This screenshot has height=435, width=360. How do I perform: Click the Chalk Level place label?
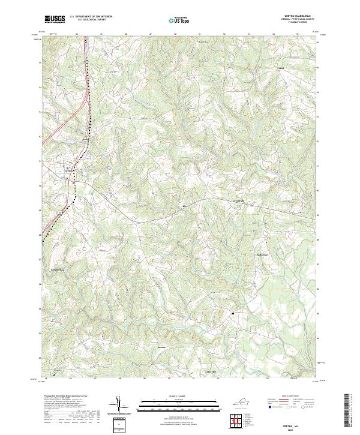[264, 254]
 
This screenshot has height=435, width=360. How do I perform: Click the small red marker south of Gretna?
[74, 183]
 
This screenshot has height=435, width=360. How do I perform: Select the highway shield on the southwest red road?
[59, 213]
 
